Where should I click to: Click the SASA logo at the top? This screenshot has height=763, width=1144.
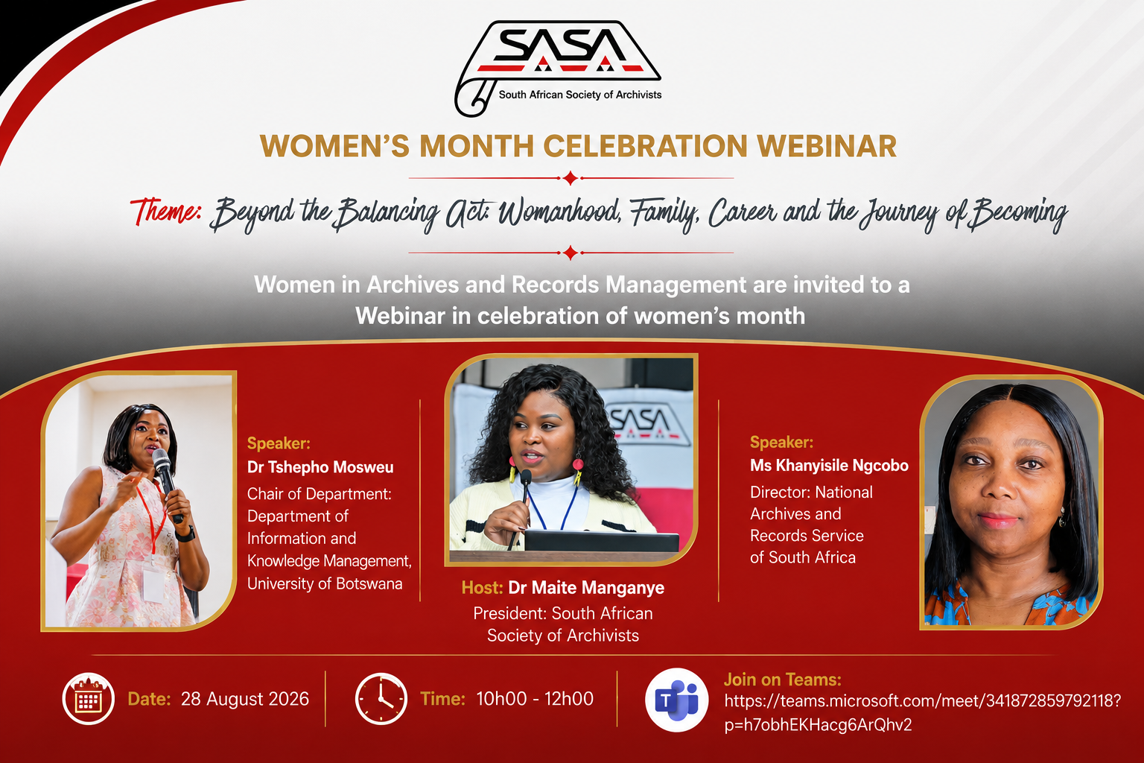(558, 68)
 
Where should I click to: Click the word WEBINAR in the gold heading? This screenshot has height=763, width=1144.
(827, 146)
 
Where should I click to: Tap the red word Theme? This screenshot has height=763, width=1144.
(165, 211)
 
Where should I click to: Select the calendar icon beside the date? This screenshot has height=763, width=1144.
(89, 699)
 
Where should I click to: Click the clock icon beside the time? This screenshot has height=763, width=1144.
(381, 699)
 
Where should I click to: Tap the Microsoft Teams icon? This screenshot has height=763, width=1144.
(677, 700)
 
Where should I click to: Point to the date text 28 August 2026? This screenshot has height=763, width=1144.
(244, 699)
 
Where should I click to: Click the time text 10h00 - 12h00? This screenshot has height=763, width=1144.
(535, 699)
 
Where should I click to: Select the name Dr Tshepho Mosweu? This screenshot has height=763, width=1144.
(320, 467)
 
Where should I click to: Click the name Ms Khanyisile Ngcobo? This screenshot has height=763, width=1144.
(829, 466)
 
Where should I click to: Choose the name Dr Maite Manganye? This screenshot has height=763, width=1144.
(586, 588)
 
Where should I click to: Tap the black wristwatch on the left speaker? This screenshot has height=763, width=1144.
(185, 534)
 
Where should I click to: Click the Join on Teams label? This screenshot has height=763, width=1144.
(783, 680)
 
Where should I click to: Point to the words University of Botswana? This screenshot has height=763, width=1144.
(325, 583)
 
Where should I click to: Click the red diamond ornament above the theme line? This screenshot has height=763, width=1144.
(571, 178)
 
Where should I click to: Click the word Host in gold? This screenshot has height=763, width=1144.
(482, 588)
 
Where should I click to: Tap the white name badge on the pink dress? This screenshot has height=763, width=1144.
(153, 585)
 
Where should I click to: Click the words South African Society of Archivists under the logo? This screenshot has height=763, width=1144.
(580, 95)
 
